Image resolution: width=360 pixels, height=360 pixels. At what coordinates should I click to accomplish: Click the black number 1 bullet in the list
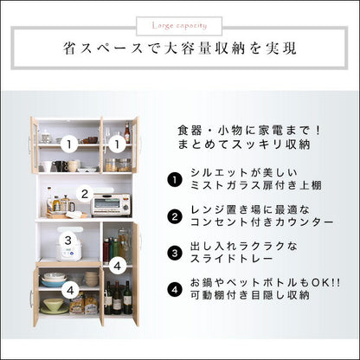point(174,180)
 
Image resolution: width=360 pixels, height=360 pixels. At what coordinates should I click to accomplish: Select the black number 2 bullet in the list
point(174,215)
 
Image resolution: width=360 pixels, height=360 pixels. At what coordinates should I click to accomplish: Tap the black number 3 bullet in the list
point(174,254)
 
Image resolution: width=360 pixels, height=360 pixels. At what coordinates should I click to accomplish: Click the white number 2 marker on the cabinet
point(84,194)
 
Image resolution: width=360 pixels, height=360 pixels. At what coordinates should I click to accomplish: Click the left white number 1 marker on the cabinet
point(66,139)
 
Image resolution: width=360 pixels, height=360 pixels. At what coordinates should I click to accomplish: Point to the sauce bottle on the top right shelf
point(127,133)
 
